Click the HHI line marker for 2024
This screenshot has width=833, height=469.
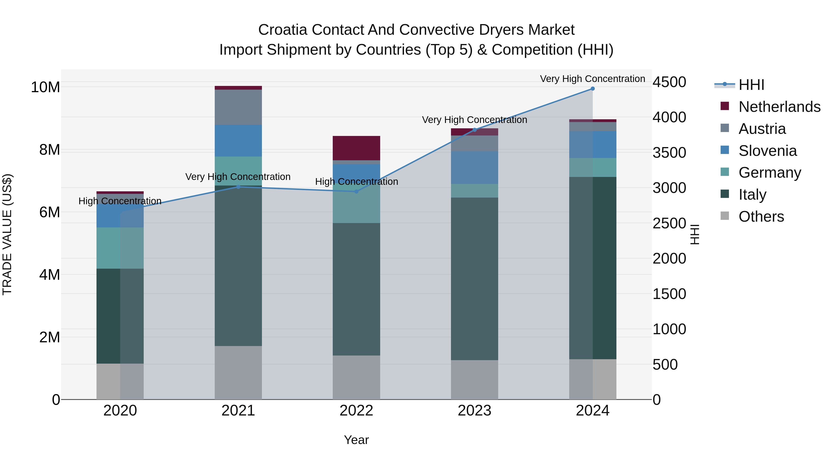click(x=592, y=89)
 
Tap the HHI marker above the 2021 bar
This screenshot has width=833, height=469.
click(x=238, y=187)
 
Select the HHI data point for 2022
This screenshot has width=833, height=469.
click(x=356, y=192)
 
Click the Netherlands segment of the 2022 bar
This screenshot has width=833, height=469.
click(x=356, y=148)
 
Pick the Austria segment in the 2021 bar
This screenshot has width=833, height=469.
click(x=238, y=107)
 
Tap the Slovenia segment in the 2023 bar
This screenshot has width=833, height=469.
click(x=474, y=167)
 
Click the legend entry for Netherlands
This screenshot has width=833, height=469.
click(x=779, y=107)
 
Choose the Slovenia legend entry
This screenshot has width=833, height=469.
click(x=768, y=151)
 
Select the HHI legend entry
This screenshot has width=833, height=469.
click(x=751, y=85)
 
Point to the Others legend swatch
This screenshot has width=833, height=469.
click(x=725, y=216)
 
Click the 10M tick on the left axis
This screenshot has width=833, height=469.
click(x=45, y=87)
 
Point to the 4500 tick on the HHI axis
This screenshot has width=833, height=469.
click(x=669, y=82)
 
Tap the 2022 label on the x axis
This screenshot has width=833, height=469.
click(x=356, y=411)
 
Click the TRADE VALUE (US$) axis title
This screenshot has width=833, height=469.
click(x=7, y=234)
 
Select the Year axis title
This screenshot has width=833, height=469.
click(x=356, y=440)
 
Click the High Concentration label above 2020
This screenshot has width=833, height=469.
click(x=120, y=201)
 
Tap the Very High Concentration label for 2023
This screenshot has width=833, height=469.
click(x=474, y=120)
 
